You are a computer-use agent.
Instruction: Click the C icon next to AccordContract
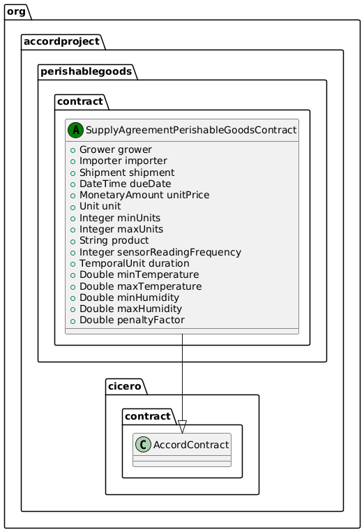click(144, 445)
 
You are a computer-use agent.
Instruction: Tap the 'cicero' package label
click(127, 385)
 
